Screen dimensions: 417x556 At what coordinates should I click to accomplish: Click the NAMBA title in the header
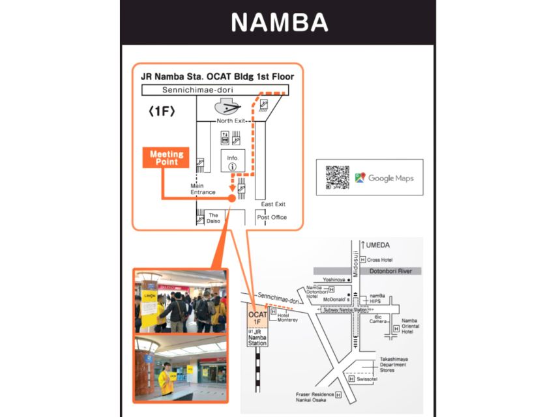pyautogui.click(x=279, y=23)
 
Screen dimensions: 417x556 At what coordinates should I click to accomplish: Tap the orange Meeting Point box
pyautogui.click(x=167, y=158)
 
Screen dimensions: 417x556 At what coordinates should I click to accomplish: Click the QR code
pyautogui.click(x=338, y=177)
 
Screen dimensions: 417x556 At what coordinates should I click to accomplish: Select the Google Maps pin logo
pyautogui.click(x=360, y=177)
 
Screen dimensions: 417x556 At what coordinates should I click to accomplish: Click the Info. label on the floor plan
pyautogui.click(x=233, y=158)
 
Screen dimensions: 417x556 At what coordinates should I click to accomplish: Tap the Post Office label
pyautogui.click(x=271, y=217)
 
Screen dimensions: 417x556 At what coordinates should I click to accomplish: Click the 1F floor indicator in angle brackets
pyautogui.click(x=161, y=111)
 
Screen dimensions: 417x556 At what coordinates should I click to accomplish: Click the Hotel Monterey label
pyautogui.click(x=287, y=317)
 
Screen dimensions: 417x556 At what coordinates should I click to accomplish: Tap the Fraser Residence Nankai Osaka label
pyautogui.click(x=315, y=397)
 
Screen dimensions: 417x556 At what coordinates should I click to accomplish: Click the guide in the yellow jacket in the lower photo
pyautogui.click(x=166, y=378)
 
